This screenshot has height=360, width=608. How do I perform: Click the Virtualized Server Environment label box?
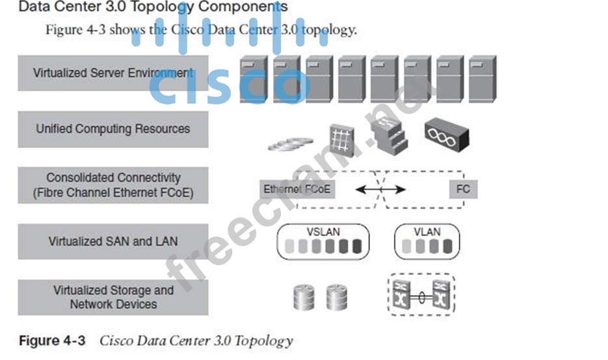point(112,73)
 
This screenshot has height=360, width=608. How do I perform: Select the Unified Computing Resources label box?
point(112,129)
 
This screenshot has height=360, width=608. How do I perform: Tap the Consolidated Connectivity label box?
point(112,185)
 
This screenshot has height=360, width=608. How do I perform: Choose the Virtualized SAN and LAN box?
point(112,241)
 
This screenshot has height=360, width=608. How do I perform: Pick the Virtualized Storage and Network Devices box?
point(112,297)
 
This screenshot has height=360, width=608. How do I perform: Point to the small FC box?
point(463,190)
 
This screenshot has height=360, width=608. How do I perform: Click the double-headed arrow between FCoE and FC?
point(380,190)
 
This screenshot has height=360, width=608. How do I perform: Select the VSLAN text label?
point(323,231)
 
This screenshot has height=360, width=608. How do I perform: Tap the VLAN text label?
point(427,231)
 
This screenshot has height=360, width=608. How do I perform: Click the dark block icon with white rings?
point(446,133)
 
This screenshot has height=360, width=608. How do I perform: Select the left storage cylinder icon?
point(304,297)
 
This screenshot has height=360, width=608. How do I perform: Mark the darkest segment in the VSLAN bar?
point(355,246)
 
